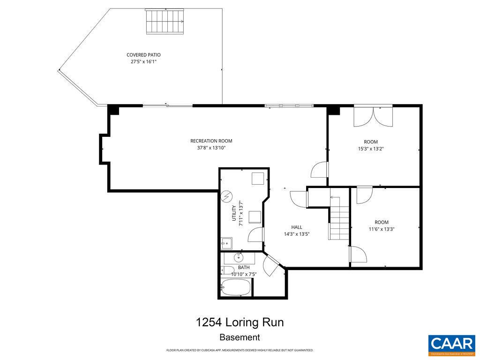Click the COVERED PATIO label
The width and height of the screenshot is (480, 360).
click(x=143, y=55)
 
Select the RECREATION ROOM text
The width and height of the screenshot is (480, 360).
click(x=211, y=141)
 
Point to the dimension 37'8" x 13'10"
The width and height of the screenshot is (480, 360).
click(x=211, y=148)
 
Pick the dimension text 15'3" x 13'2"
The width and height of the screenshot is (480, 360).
click(x=371, y=149)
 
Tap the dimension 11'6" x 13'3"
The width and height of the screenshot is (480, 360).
click(x=381, y=229)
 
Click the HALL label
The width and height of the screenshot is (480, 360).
click(x=296, y=227)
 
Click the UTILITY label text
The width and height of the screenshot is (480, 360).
click(x=234, y=213)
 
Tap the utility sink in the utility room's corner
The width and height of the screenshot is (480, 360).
click(x=226, y=243)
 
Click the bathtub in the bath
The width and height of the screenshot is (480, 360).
click(x=236, y=287)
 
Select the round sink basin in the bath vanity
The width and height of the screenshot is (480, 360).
click(x=239, y=257)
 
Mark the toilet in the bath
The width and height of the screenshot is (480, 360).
click(x=225, y=270)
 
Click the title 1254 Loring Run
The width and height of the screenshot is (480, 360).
click(x=240, y=322)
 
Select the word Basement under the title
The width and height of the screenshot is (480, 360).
click(x=240, y=337)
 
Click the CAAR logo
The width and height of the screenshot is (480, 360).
click(x=451, y=345)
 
